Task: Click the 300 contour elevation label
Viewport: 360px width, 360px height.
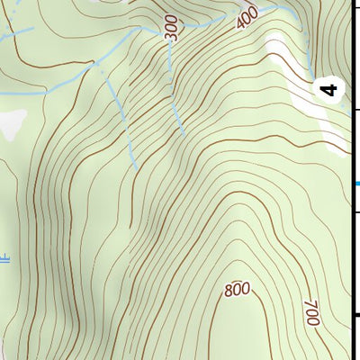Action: pyautogui.click(x=173, y=30)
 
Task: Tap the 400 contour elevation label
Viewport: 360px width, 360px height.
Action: pyautogui.click(x=247, y=18)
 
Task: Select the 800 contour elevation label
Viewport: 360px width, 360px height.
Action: pyautogui.click(x=237, y=289)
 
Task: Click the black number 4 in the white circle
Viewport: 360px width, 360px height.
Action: pyautogui.click(x=330, y=90)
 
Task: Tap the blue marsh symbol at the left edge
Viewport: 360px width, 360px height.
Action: pyautogui.click(x=4, y=260)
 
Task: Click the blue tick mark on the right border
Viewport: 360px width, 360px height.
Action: pyautogui.click(x=355, y=184)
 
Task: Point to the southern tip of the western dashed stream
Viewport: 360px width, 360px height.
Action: pyautogui.click(x=136, y=167)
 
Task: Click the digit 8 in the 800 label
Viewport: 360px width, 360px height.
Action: pyautogui.click(x=229, y=290)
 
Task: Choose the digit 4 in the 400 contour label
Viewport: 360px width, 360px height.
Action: pyautogui.click(x=240, y=22)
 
